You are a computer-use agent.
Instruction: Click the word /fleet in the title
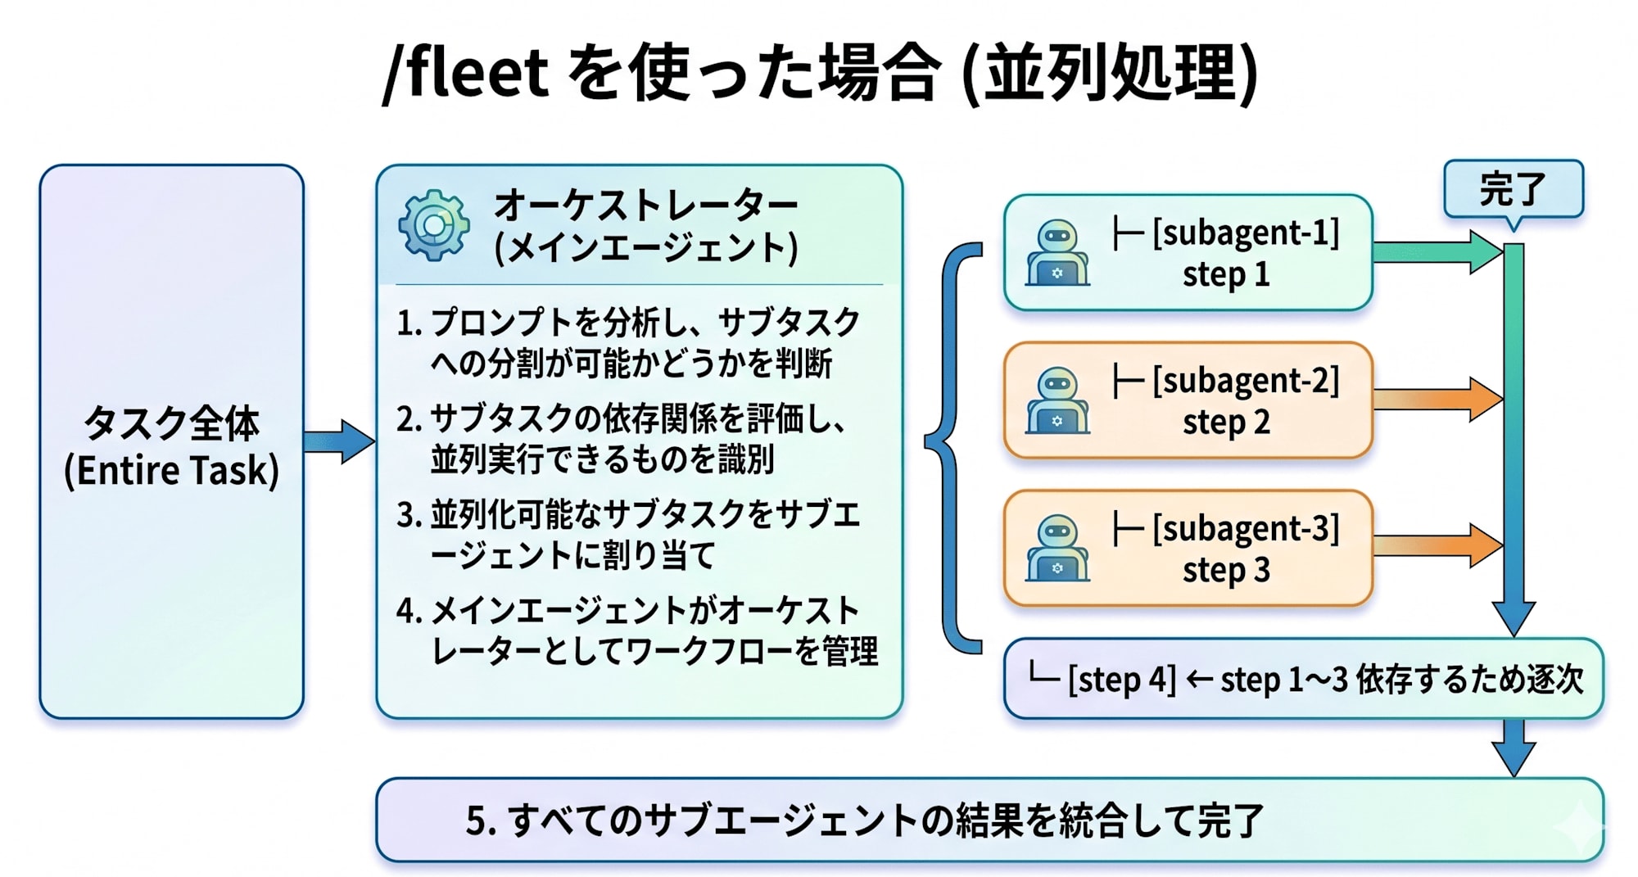tap(465, 74)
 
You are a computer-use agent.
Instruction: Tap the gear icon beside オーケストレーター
tap(434, 225)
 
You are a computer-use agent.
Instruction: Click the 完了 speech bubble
tap(1513, 189)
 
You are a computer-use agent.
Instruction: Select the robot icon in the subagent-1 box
tap(1057, 253)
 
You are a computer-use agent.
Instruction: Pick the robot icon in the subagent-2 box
tap(1057, 400)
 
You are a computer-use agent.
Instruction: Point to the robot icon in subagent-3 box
tap(1057, 549)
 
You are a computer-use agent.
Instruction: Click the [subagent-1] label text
tap(1245, 233)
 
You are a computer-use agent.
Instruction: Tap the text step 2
tap(1226, 423)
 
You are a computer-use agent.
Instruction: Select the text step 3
tap(1226, 570)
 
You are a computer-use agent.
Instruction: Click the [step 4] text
tap(1121, 680)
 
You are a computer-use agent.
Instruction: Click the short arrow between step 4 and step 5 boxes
tap(1513, 747)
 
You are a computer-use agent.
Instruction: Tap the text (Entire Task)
tap(171, 471)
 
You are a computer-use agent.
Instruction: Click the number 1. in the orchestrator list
tap(408, 323)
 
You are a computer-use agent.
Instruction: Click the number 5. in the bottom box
tap(480, 820)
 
